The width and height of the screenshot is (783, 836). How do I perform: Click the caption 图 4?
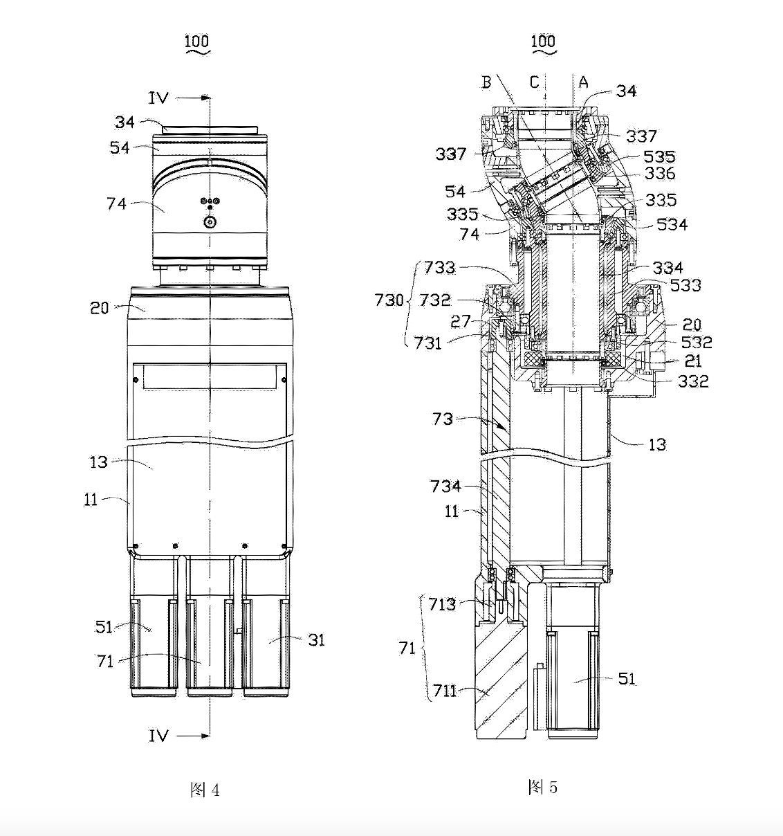(205, 790)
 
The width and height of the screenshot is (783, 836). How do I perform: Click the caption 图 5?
(542, 786)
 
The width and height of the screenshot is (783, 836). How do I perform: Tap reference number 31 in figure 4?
(316, 640)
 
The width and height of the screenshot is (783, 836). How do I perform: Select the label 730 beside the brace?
(389, 300)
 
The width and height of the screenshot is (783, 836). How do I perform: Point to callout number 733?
(439, 267)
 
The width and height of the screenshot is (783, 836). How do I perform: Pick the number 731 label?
(428, 343)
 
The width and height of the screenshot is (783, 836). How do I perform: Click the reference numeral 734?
(445, 487)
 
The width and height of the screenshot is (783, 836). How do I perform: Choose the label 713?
(442, 604)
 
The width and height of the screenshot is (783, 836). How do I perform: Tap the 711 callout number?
(445, 691)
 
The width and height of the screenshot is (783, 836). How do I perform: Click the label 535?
(659, 156)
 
